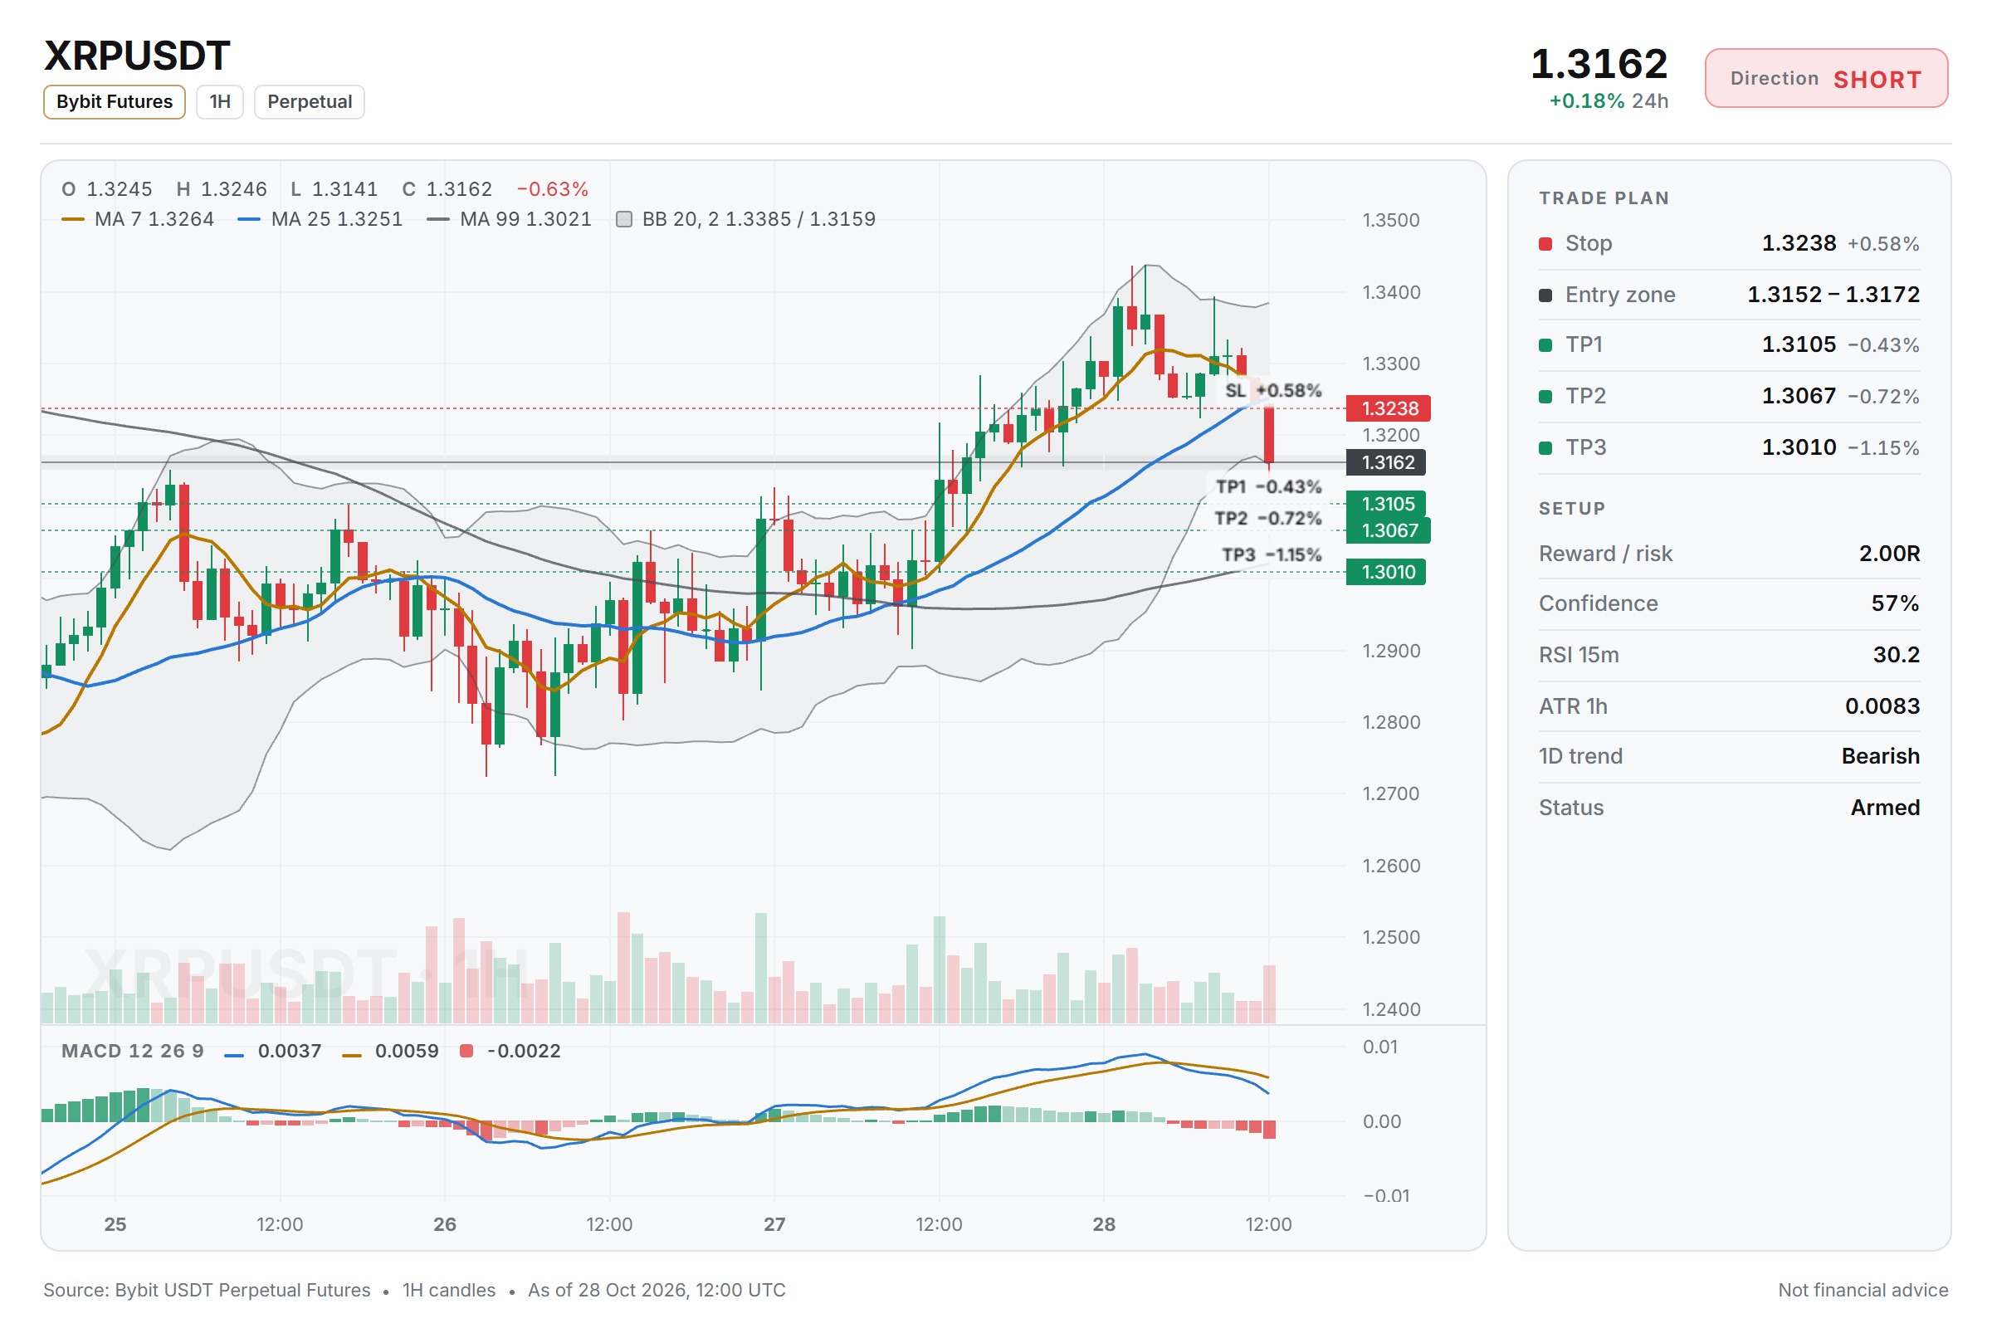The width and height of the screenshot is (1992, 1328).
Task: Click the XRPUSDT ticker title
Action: [136, 56]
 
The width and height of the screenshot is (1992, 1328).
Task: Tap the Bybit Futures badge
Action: [115, 101]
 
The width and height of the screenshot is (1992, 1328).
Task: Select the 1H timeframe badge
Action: [220, 101]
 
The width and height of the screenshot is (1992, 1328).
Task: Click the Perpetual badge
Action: [309, 101]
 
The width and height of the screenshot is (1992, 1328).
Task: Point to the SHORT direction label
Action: [1877, 80]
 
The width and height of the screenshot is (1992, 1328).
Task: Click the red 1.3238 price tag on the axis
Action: [1388, 408]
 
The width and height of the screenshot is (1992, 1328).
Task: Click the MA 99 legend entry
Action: [510, 219]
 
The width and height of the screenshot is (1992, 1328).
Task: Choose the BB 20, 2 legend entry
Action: [746, 219]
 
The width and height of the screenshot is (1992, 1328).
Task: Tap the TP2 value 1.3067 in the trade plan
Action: [1799, 396]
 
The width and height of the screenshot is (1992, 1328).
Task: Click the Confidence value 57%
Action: [1896, 603]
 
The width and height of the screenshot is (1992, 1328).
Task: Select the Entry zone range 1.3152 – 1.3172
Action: [1833, 294]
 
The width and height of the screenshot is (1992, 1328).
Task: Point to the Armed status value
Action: [1884, 807]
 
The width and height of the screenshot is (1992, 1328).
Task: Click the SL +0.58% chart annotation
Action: [1273, 390]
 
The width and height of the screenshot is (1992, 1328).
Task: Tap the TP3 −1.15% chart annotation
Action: [1272, 554]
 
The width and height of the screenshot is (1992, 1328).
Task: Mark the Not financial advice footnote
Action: [1863, 1290]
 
